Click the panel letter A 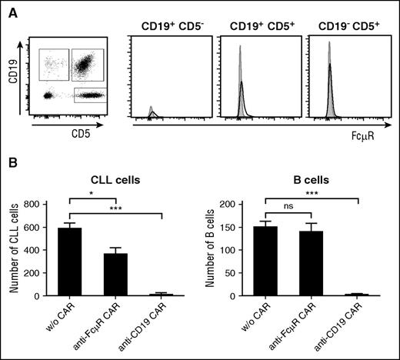[x=12, y=10]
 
